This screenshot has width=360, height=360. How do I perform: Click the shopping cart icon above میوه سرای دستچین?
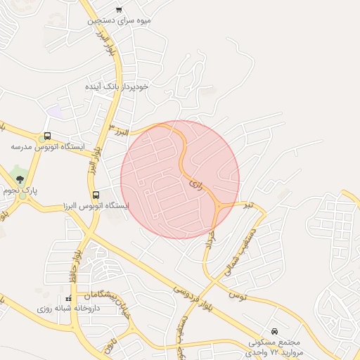pos(119,10)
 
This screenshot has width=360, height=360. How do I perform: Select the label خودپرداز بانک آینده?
pos(116,86)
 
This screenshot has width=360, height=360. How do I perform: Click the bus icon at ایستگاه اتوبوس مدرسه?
pos(47,136)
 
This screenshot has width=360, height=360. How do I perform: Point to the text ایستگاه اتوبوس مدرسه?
pos(47,148)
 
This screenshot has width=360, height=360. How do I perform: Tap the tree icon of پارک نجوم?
pos(19,179)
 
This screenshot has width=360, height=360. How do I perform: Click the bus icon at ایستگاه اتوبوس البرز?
pos(96,195)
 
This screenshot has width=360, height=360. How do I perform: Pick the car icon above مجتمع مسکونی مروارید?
pos(274,330)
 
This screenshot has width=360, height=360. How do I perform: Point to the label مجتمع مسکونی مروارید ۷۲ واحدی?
pos(275,345)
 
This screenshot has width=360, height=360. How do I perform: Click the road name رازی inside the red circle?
pos(195,184)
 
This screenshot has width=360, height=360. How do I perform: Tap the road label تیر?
pos(247,205)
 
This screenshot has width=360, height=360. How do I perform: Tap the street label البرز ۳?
pos(121,129)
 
